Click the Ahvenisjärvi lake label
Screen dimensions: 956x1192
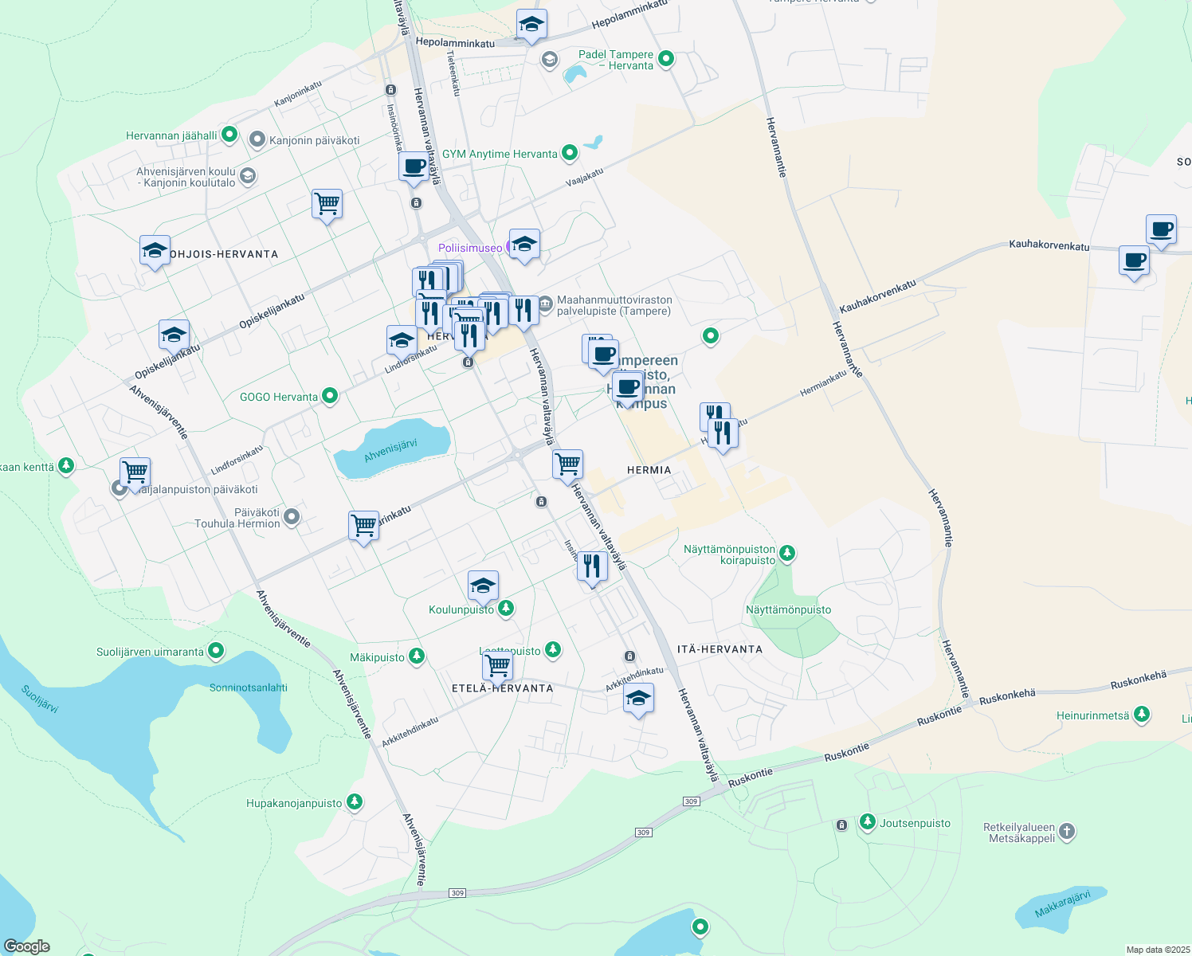coord(390,450)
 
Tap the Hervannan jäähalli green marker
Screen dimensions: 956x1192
coord(229,135)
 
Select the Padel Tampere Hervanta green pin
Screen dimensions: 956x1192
coord(667,58)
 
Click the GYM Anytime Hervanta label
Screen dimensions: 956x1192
coord(500,154)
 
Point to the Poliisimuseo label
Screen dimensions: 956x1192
coord(470,248)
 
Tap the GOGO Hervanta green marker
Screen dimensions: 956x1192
coord(330,396)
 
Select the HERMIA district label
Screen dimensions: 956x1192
coord(649,470)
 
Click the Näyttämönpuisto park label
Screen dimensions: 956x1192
coord(788,609)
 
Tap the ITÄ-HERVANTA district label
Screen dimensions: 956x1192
coord(720,649)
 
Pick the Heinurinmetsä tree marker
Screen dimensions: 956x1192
coord(1142,715)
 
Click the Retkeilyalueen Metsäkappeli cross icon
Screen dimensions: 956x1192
coord(1067,832)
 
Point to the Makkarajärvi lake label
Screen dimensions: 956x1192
coord(1062,904)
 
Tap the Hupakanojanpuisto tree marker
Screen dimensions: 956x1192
coord(355,802)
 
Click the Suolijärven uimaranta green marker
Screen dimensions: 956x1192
coord(216,651)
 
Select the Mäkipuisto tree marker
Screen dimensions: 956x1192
coord(416,656)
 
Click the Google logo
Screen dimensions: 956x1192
coord(27,946)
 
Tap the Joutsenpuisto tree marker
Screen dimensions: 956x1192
coord(868,822)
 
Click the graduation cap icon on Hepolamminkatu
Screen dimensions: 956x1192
coord(531,25)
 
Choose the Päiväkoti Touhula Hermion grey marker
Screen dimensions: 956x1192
coord(292,517)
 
